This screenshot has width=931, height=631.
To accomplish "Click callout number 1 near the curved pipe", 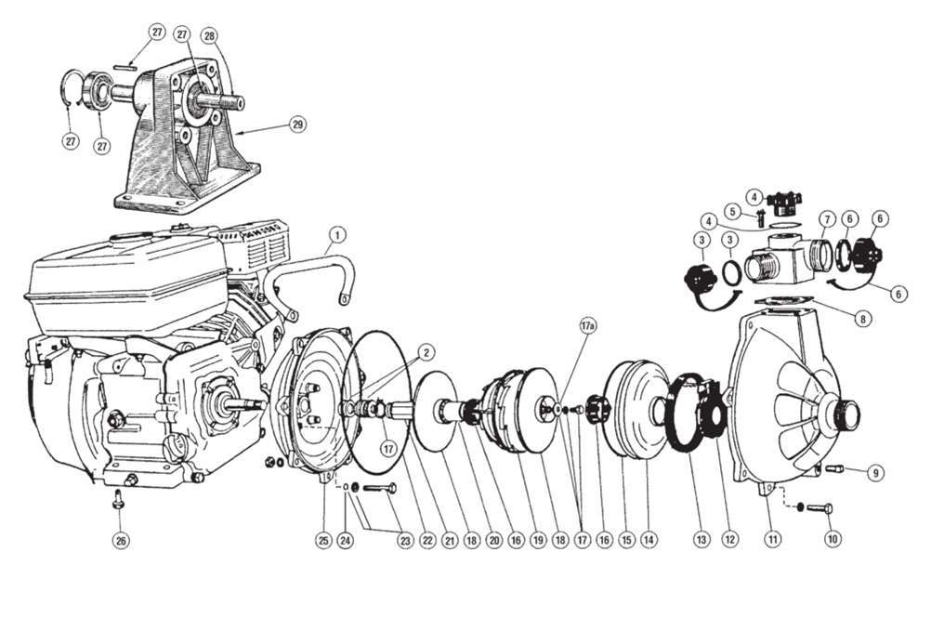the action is (336, 235).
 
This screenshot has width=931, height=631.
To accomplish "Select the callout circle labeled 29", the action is (298, 125).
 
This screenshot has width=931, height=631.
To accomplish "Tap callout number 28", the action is (209, 35).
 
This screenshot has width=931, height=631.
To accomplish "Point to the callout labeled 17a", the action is (588, 326).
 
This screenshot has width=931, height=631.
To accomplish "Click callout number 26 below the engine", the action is (121, 540).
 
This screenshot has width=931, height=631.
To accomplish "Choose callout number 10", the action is (833, 539).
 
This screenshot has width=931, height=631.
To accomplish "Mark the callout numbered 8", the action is (862, 319).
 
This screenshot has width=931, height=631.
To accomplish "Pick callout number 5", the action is (732, 211).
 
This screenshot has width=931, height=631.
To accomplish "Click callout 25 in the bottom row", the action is (323, 540).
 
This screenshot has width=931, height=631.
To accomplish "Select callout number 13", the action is (702, 540).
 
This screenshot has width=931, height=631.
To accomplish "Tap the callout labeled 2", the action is (426, 352).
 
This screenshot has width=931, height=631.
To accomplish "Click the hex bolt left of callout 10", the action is (820, 508).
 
